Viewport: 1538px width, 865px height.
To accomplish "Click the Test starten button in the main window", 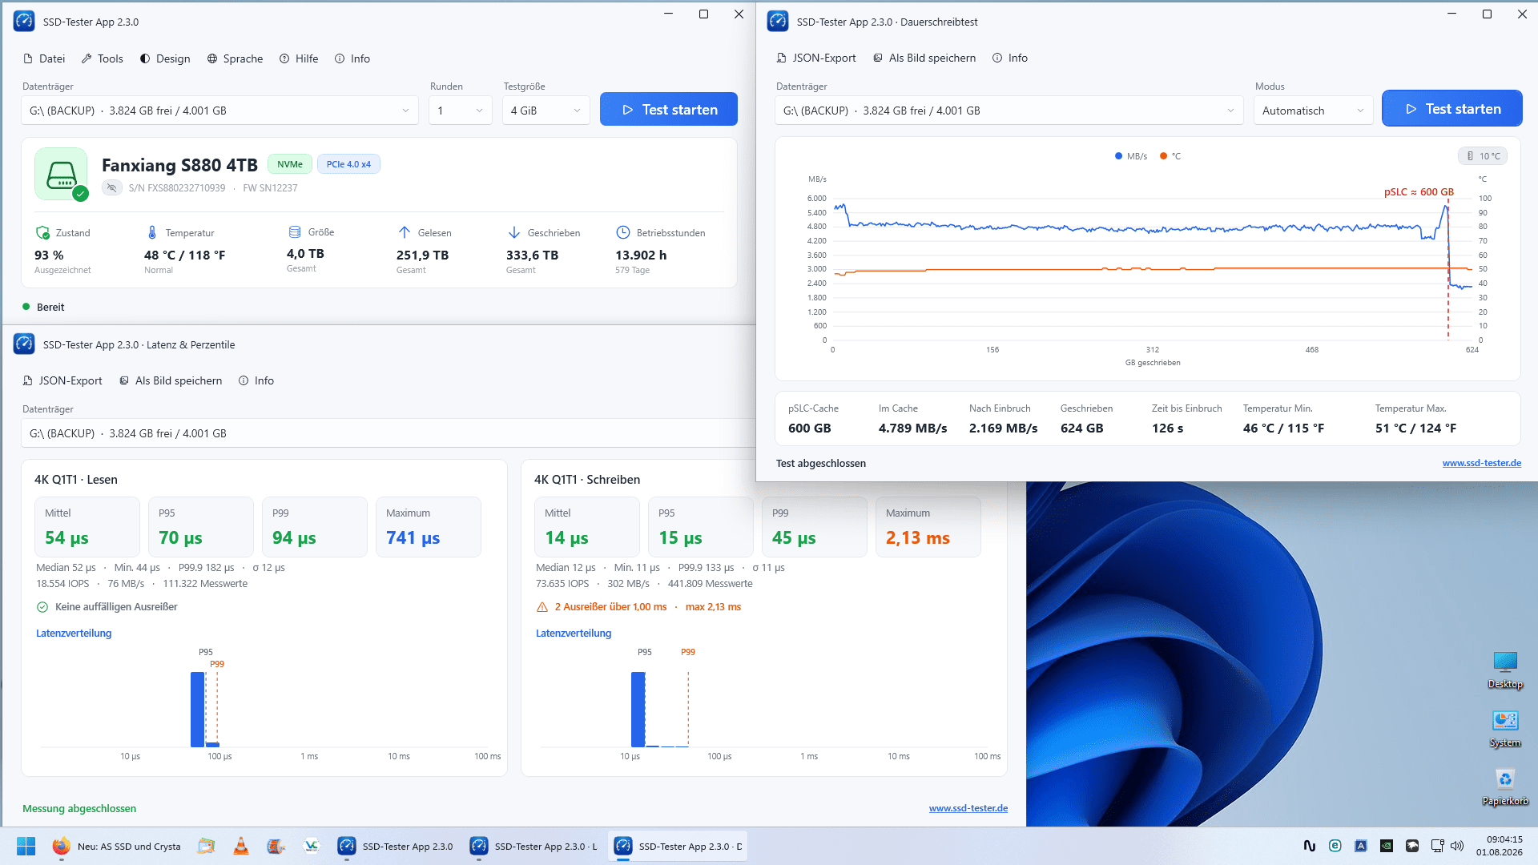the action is (x=668, y=110).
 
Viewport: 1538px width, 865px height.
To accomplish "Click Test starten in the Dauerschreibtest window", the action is (x=1451, y=109).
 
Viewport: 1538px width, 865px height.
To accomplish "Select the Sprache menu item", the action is (x=235, y=58).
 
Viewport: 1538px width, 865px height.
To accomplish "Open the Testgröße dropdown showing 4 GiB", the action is (x=546, y=111).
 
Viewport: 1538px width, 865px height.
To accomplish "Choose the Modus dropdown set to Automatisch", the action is (x=1313, y=111).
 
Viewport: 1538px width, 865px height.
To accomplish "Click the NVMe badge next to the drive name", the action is (x=290, y=164).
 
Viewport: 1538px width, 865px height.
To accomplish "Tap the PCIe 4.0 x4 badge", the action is (x=348, y=164).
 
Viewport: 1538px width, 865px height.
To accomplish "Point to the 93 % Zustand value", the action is (x=49, y=255).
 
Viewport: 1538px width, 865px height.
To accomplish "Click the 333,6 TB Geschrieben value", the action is (x=532, y=255).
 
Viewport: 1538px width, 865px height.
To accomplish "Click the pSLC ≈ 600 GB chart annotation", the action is (x=1419, y=192).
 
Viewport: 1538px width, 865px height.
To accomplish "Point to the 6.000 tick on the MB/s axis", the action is (x=816, y=198).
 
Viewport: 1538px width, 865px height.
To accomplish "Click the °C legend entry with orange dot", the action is (x=1170, y=156).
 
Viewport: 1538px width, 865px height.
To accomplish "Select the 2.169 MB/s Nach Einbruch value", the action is (x=1003, y=428).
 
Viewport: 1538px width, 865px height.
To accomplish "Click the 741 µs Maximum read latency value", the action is (x=413, y=538).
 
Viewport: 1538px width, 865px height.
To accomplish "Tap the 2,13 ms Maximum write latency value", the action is (x=918, y=538).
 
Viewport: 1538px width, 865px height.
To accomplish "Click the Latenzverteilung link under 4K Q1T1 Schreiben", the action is (x=574, y=634).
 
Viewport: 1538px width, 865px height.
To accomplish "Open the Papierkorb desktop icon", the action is (x=1505, y=787).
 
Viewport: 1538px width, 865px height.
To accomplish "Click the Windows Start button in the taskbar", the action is (x=26, y=847).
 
